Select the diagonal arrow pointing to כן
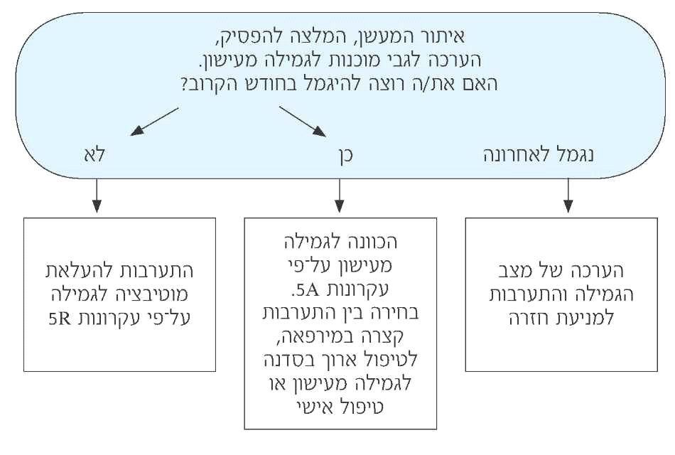point(302,121)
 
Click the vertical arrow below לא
point(97,196)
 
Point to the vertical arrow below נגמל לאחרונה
point(568,196)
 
